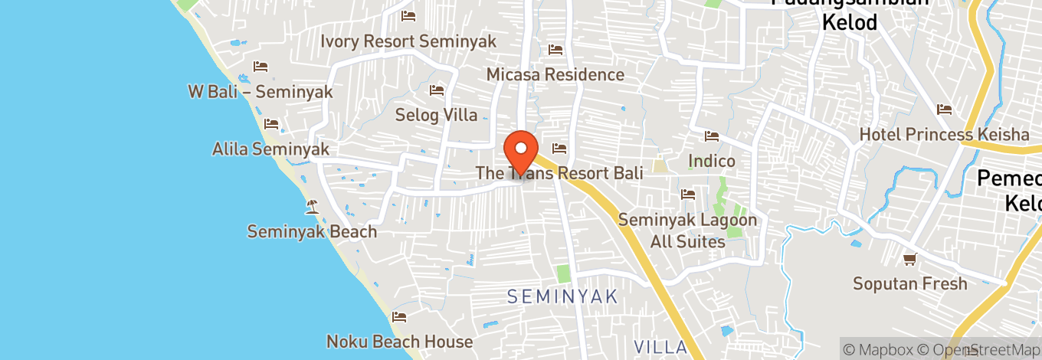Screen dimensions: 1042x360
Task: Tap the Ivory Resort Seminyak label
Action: pyautogui.click(x=408, y=41)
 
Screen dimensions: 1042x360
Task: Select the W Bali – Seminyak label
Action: pyautogui.click(x=260, y=92)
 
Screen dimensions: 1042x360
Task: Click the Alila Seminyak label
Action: pyautogui.click(x=270, y=149)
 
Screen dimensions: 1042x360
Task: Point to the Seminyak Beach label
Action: pyautogui.click(x=312, y=231)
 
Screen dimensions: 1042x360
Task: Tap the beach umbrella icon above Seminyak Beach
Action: pyautogui.click(x=312, y=205)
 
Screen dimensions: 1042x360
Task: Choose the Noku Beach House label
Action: pyautogui.click(x=399, y=342)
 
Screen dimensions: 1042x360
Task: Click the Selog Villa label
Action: pyautogui.click(x=436, y=116)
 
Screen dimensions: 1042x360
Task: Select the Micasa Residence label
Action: pyautogui.click(x=555, y=74)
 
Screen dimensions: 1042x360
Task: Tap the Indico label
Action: pyautogui.click(x=711, y=161)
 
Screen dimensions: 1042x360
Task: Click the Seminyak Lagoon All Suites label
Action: pyautogui.click(x=687, y=231)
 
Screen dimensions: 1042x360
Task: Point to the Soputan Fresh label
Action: pyautogui.click(x=910, y=284)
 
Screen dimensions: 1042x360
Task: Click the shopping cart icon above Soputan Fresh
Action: pyautogui.click(x=910, y=259)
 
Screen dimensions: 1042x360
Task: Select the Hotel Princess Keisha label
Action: pyautogui.click(x=944, y=135)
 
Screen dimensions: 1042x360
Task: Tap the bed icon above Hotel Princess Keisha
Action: pyautogui.click(x=944, y=110)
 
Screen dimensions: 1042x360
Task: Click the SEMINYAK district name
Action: pyautogui.click(x=562, y=296)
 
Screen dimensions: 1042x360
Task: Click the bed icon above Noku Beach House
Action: pyautogui.click(x=399, y=316)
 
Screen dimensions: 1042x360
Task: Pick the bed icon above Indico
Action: pyautogui.click(x=712, y=136)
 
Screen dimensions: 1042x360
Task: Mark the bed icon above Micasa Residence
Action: pyautogui.click(x=555, y=50)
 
